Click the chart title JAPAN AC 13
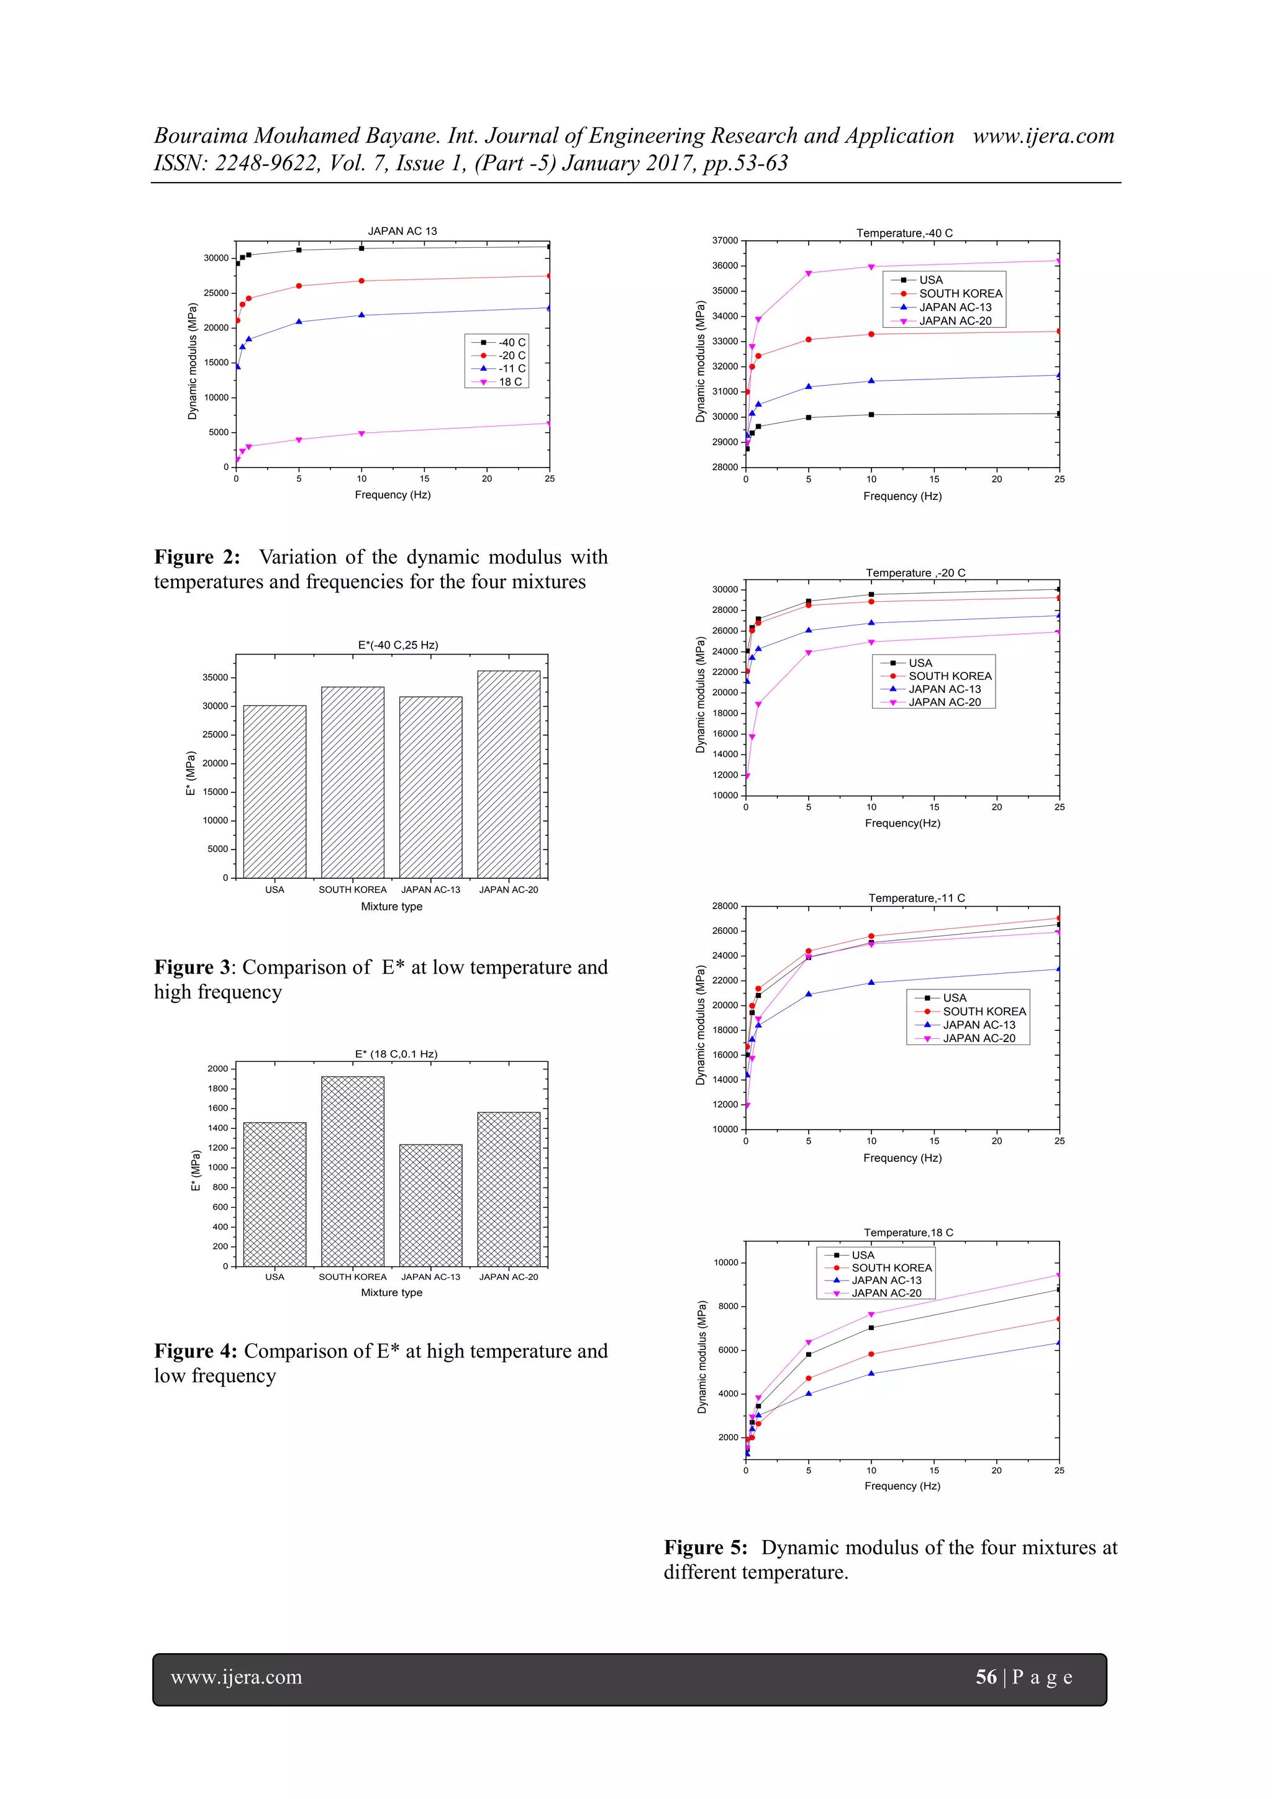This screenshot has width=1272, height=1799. coord(402,231)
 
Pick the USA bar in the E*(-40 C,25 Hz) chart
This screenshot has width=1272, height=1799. coord(275,791)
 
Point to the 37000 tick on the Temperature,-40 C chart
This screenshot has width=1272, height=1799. coord(725,240)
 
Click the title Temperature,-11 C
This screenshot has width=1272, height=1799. coord(916,898)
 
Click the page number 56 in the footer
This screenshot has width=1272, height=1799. coord(985,1677)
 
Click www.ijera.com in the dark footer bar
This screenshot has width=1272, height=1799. coord(236,1677)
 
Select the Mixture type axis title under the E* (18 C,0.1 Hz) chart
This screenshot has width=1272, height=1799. coord(391,1292)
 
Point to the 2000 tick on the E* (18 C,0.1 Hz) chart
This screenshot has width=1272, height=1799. coord(218,1069)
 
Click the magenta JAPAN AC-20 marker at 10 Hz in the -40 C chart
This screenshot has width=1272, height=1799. coord(871,267)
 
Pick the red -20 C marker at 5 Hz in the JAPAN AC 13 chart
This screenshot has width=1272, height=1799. coord(299,286)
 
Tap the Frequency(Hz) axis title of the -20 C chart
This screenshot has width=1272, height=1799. coord(902,823)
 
